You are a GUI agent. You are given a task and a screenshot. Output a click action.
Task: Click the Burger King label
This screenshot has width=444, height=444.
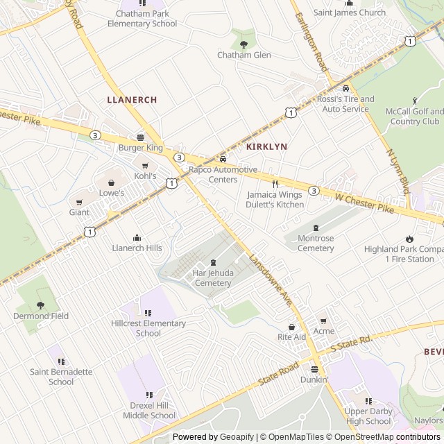click(140, 148)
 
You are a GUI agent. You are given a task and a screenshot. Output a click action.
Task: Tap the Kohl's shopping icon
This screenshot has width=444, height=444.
click(145, 166)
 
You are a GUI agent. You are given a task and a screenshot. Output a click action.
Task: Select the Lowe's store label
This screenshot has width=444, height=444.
click(111, 193)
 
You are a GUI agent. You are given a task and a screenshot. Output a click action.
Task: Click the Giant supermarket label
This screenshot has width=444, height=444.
click(79, 212)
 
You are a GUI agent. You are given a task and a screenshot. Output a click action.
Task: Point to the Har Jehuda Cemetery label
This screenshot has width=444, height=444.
click(213, 277)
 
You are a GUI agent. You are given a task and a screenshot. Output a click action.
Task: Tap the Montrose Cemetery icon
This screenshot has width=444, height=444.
click(316, 228)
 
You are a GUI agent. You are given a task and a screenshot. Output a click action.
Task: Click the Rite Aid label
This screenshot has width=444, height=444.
click(291, 336)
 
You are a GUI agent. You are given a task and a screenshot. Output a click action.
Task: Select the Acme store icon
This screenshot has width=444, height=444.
click(323, 321)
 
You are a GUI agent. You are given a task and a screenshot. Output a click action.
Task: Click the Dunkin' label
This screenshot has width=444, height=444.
click(314, 379)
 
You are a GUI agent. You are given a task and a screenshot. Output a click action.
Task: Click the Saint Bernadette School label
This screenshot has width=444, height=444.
click(61, 377)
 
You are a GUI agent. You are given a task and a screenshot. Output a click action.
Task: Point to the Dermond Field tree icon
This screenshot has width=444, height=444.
click(41, 305)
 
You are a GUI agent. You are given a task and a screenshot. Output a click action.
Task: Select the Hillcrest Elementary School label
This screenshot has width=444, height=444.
click(148, 328)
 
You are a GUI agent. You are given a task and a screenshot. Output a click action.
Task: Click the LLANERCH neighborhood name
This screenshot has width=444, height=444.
click(132, 100)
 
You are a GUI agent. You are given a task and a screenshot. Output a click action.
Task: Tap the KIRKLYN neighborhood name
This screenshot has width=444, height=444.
click(267, 147)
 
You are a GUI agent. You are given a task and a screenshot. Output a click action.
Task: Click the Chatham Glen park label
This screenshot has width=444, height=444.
click(244, 55)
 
